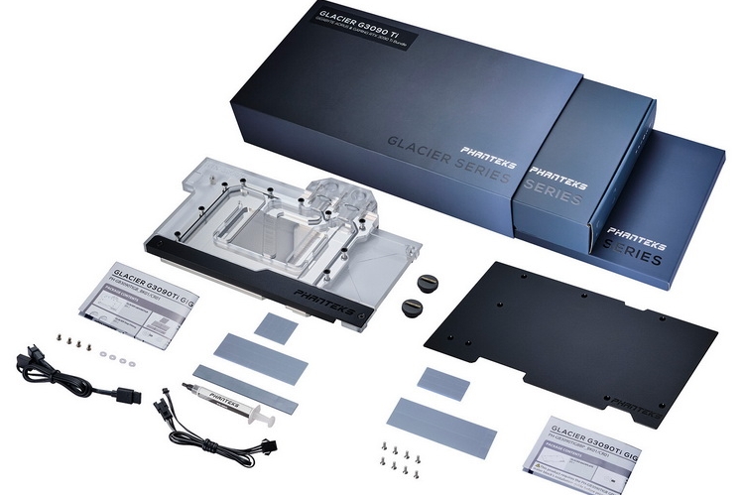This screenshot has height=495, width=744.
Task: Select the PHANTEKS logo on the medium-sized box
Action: pyautogui.click(x=558, y=184)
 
